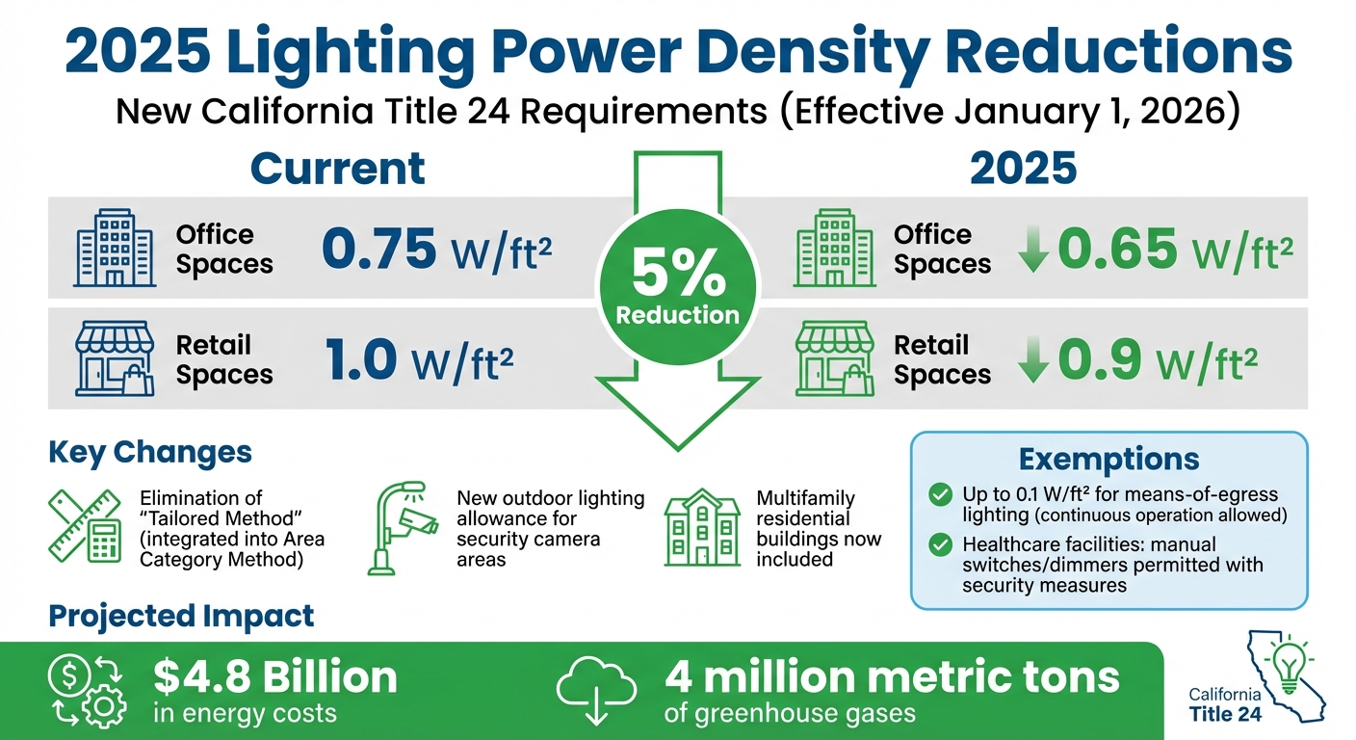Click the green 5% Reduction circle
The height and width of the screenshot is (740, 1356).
[x=677, y=286]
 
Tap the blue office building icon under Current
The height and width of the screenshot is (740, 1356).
[x=115, y=249]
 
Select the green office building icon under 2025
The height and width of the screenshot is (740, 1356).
[x=834, y=249]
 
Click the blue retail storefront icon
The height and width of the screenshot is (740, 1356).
[x=115, y=358]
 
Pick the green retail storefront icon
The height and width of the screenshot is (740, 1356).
[x=834, y=358]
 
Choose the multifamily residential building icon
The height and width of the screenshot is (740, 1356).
[x=701, y=528]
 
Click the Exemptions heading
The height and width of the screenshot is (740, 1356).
[x=1108, y=460]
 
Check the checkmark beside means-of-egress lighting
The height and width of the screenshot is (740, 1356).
[x=939, y=495]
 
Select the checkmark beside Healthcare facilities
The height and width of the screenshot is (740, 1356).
[x=939, y=545]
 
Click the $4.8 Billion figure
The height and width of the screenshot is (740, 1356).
[x=275, y=677]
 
